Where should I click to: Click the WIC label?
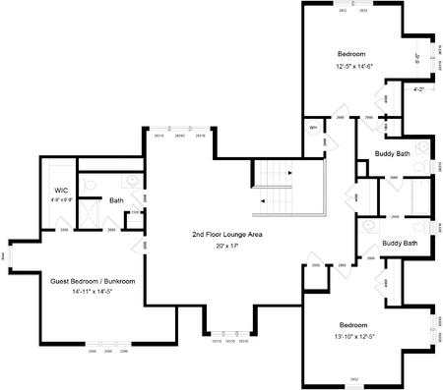pos(60,190)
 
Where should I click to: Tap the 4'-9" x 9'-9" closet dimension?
pos(60,200)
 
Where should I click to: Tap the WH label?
pos(313,128)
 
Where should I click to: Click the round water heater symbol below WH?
pos(313,141)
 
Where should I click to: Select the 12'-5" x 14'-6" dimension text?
pos(353,66)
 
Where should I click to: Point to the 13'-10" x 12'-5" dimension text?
pos(353,337)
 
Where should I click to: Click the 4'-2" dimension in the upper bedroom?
pos(418,90)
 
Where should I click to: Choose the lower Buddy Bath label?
pos(399,243)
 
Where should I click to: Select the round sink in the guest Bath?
pos(130,182)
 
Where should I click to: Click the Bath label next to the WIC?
pos(116,200)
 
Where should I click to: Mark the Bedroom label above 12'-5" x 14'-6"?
pos(352,53)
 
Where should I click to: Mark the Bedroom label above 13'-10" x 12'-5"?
pos(353,325)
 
